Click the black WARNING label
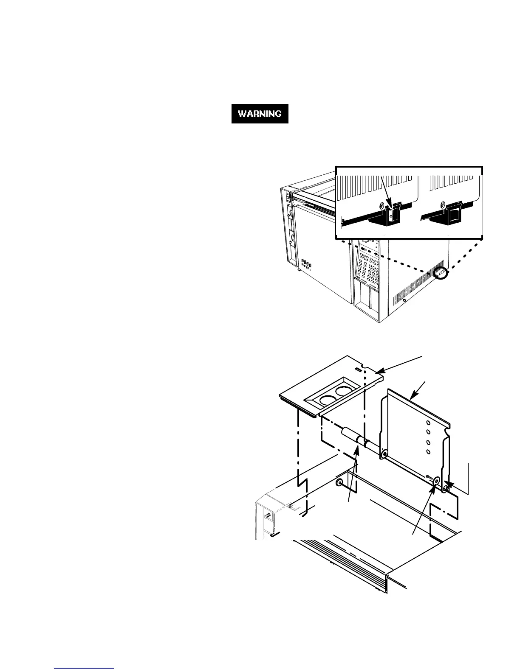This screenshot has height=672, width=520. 260,114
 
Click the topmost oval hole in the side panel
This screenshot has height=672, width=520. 428,423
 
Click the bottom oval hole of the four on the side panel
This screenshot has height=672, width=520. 428,451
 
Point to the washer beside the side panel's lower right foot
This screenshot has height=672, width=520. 435,482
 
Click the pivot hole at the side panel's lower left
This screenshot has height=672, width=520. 384,455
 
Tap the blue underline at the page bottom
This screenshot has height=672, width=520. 85,668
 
